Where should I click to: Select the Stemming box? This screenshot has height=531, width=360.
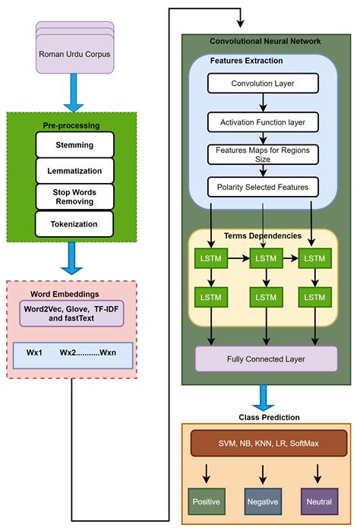coord(74,144)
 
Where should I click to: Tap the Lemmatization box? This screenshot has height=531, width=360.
coord(74,170)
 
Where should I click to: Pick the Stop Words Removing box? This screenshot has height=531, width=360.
coord(74,196)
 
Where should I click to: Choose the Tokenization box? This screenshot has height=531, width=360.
coord(74,223)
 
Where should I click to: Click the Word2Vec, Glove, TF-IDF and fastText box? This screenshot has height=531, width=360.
coord(72,314)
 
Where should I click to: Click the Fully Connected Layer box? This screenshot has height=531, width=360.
coord(266,358)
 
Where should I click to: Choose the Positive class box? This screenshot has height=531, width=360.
coord(207,501)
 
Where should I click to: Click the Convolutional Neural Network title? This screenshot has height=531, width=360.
coord(265,41)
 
